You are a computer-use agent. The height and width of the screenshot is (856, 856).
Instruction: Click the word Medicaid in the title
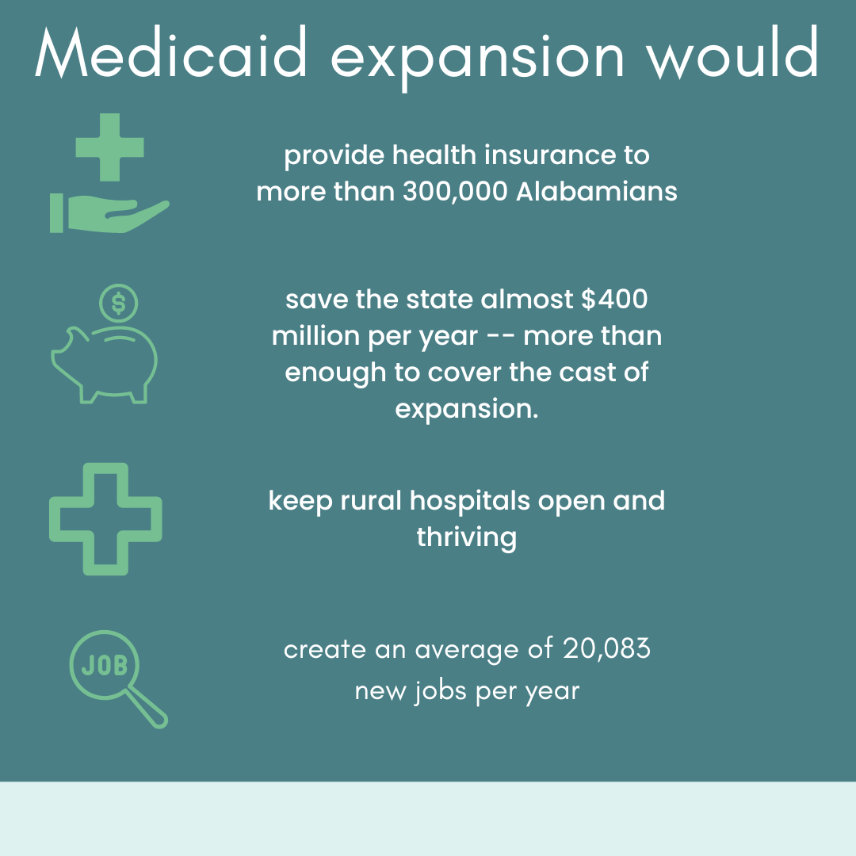171,53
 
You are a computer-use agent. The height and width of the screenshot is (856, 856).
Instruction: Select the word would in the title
732,53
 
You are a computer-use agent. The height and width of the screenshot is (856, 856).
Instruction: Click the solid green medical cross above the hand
109,147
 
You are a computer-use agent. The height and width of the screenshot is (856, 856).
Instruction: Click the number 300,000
455,192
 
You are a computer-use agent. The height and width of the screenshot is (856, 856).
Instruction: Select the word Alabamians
597,191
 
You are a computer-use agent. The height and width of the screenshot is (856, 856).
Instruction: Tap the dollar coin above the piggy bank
118,303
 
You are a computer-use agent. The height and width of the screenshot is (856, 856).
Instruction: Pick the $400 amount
615,299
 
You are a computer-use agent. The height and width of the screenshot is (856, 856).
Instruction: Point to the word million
315,335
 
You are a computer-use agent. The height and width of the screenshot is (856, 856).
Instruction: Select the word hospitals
469,501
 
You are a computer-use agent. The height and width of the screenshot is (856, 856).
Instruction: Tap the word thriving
467,537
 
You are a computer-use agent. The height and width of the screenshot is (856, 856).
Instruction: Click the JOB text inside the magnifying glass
105,665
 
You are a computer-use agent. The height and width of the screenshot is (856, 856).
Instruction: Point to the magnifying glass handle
147,708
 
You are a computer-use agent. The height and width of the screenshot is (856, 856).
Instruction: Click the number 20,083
606,648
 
